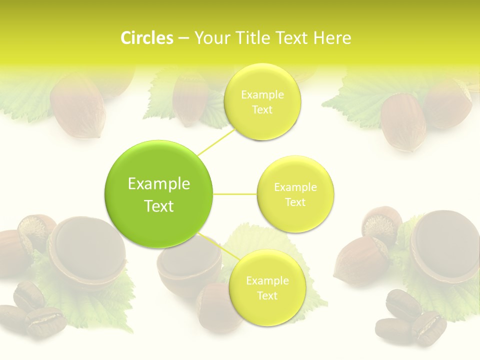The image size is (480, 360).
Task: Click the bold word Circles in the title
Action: [146, 38]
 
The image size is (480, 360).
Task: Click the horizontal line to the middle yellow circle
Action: [235, 194]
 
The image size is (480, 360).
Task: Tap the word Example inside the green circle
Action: [158, 184]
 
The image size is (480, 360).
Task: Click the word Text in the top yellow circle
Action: [262, 110]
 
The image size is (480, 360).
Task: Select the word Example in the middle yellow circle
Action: [295, 187]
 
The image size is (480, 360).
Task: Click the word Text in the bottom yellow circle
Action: [267, 296]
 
